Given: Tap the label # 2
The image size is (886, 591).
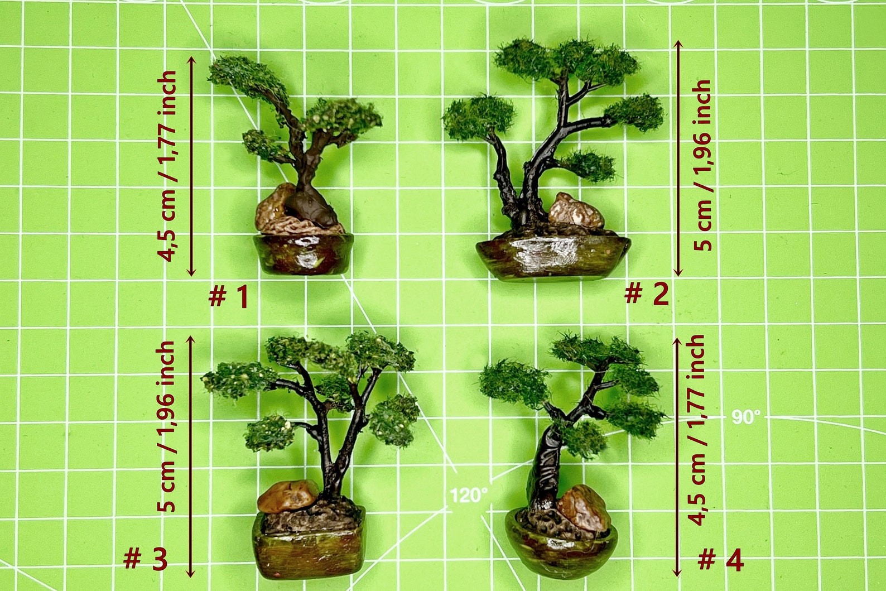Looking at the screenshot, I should [x=646, y=294].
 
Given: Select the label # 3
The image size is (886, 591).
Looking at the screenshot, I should [x=145, y=559].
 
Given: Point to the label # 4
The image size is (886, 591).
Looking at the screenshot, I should [x=721, y=560].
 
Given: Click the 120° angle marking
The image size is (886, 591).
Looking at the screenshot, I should [x=469, y=495].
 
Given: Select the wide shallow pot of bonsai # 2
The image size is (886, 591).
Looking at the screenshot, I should [x=552, y=257].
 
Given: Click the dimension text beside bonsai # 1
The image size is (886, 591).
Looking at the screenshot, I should [x=167, y=166].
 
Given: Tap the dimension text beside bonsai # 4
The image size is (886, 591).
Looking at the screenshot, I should [x=697, y=430].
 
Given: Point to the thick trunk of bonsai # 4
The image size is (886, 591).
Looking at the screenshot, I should [x=544, y=469].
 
